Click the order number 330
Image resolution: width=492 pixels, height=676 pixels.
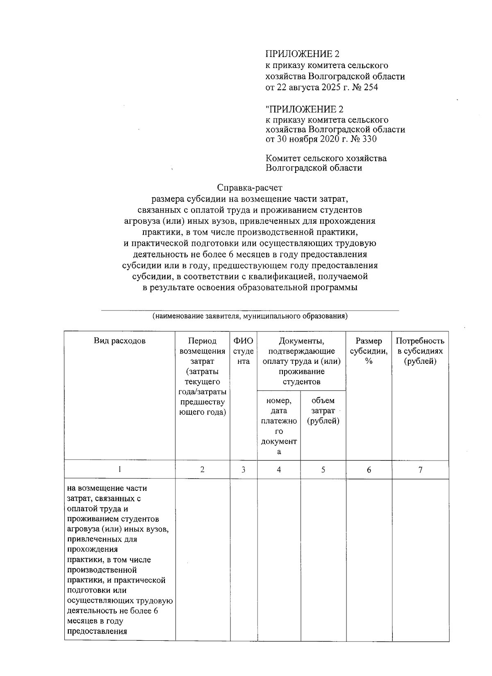(369, 139)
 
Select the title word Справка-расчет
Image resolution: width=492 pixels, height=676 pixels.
(250, 188)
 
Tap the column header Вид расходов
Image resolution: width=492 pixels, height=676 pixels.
(120, 341)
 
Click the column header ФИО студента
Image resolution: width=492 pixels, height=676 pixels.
(244, 351)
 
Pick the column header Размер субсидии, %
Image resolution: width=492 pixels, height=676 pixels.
(369, 351)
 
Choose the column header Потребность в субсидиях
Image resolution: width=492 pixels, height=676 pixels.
(420, 351)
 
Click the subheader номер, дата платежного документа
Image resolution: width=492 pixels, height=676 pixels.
(279, 426)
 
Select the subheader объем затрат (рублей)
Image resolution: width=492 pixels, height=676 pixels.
(323, 411)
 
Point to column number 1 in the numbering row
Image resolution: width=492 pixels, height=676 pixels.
(120, 470)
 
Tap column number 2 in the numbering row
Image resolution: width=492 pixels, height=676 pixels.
(203, 470)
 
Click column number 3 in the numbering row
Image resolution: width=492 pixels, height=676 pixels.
(244, 470)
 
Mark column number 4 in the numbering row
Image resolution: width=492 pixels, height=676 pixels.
(279, 470)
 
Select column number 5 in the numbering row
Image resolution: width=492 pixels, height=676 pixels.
(323, 470)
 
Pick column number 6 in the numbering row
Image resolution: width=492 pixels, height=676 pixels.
(369, 470)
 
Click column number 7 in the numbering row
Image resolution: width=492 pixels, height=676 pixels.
(420, 470)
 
